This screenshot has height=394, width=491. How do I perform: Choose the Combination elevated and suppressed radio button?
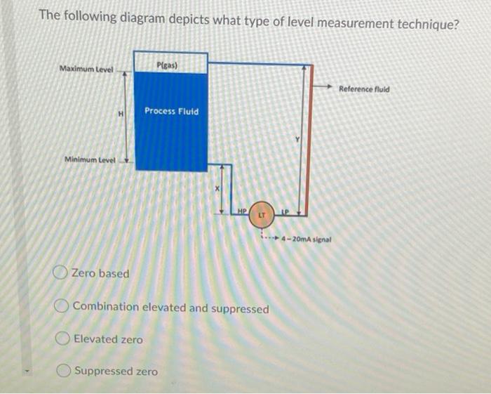(x=63, y=308)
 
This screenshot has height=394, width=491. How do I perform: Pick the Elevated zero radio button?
(x=63, y=339)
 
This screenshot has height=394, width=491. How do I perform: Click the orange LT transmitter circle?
(x=261, y=213)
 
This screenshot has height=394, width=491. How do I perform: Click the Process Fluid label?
(x=171, y=112)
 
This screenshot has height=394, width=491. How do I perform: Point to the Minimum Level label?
(x=88, y=159)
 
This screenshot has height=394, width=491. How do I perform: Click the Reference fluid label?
(x=364, y=90)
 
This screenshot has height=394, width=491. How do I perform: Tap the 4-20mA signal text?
(x=308, y=240)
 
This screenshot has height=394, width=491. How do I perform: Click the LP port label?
(x=284, y=210)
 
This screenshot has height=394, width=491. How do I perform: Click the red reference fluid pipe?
(x=311, y=140)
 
